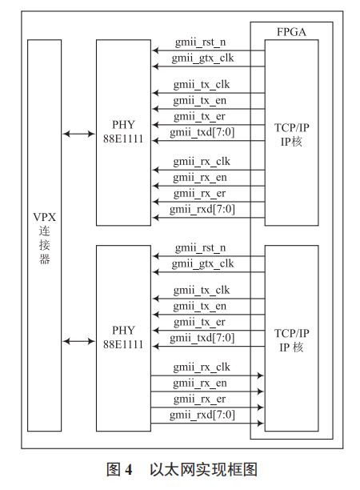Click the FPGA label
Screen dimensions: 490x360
tap(291, 32)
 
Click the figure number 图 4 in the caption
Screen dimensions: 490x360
tap(119, 468)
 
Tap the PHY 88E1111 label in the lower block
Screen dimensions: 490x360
tap(123, 337)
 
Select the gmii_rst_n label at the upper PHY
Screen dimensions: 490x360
tap(200, 41)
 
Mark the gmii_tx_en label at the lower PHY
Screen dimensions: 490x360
tap(200, 306)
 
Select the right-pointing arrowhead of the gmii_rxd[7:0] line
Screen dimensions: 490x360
tap(260, 422)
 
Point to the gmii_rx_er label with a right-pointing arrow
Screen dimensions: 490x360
tap(200, 399)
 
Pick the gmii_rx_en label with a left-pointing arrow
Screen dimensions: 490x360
tap(200, 177)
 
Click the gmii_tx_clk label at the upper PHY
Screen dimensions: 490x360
tap(202, 84)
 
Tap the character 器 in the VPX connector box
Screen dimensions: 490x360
tap(45, 259)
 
